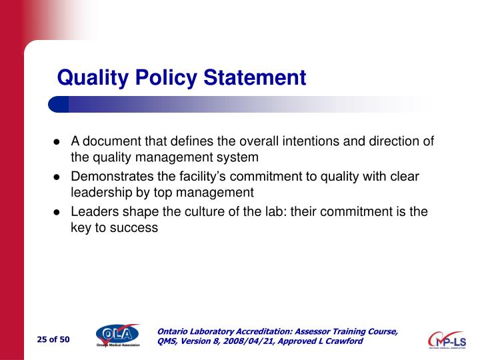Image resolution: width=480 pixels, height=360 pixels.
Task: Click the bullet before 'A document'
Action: [57, 141]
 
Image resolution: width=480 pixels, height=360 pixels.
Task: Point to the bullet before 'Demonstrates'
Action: [57, 177]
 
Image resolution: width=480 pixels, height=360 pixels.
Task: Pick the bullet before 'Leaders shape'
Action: [57, 211]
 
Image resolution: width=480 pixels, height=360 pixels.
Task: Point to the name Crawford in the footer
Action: [344, 341]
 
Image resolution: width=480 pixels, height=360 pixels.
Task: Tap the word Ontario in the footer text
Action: [175, 331]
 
